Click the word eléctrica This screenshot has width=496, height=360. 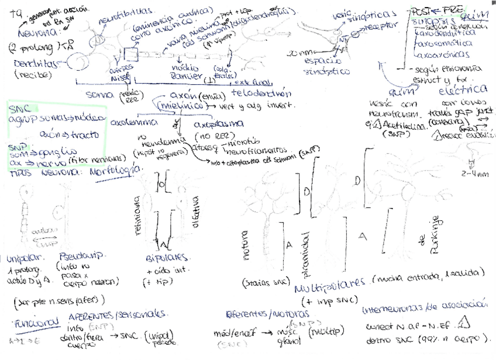tap(463, 89)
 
